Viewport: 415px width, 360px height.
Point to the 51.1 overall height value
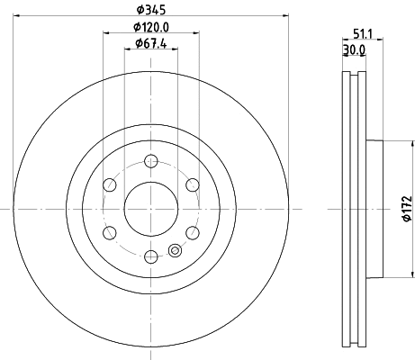363,33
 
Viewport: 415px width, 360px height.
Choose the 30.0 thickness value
355,51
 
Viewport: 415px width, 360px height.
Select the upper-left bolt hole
110,185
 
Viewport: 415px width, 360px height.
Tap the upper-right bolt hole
192,185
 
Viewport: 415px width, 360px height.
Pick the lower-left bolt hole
110,233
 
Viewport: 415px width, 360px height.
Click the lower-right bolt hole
192,233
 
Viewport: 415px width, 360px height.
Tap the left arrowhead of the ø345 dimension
16,15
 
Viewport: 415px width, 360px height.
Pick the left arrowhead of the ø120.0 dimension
106,33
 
